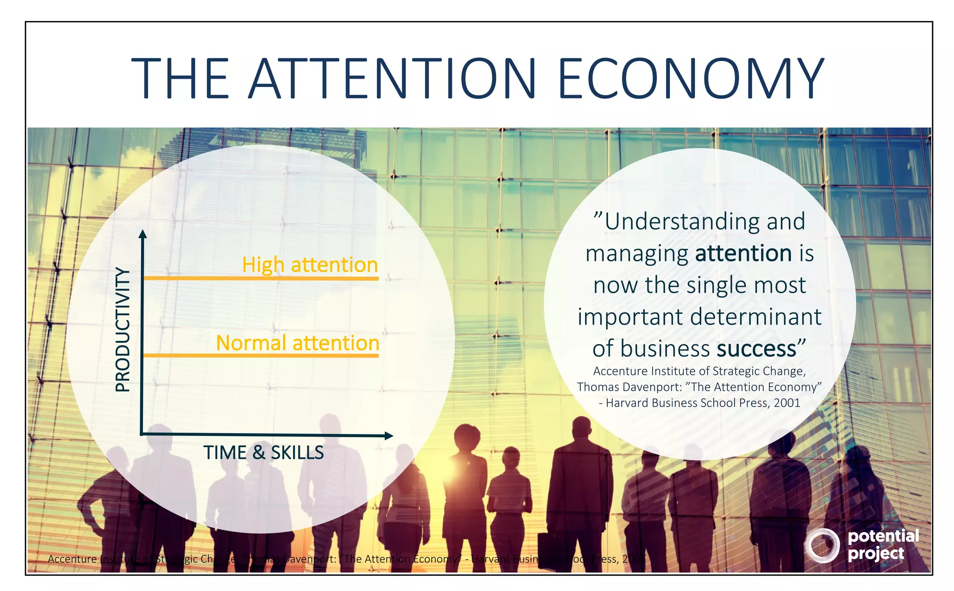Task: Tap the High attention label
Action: [x=310, y=265]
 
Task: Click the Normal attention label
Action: [x=298, y=343]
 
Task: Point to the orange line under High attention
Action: [x=261, y=279]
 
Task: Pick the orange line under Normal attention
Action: [x=261, y=356]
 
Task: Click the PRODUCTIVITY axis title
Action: [x=123, y=330]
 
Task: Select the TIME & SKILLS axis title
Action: [x=263, y=453]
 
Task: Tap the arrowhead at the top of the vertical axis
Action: [x=143, y=233]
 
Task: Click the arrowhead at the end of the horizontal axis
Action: [x=388, y=436]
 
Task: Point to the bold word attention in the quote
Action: [x=743, y=254]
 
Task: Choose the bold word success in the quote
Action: [x=756, y=349]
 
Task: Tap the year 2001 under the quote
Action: [x=787, y=403]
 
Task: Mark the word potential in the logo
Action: [x=883, y=536]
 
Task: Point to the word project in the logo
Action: [x=876, y=554]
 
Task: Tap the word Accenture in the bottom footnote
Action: [x=72, y=559]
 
